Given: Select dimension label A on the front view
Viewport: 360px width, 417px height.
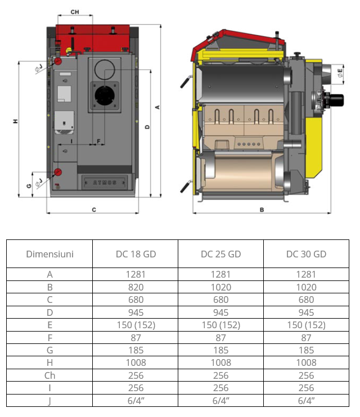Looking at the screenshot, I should pyautogui.click(x=157, y=107).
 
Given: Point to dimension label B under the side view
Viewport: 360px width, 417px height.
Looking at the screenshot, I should pyautogui.click(x=262, y=210).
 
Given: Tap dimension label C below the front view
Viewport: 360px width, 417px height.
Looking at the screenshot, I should pyautogui.click(x=94, y=210).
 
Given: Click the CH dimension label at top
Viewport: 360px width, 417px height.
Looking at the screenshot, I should pyautogui.click(x=74, y=11).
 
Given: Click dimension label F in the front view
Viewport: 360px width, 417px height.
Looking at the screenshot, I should pyautogui.click(x=98, y=140).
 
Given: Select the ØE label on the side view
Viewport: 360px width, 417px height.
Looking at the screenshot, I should pyautogui.click(x=341, y=73).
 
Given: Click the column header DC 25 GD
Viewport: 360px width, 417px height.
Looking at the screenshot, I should pyautogui.click(x=220, y=254).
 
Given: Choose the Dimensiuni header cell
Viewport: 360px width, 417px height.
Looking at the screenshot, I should pyautogui.click(x=49, y=254).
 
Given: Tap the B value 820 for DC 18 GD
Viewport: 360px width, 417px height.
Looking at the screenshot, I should pyautogui.click(x=136, y=287).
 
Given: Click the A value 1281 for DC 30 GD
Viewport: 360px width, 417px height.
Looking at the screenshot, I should pyautogui.click(x=306, y=274).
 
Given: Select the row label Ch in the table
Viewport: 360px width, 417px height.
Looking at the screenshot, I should pyautogui.click(x=49, y=375).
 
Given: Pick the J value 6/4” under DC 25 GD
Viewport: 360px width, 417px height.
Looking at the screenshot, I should pyautogui.click(x=220, y=400).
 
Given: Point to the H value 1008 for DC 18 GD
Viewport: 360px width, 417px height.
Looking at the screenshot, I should pyautogui.click(x=136, y=362).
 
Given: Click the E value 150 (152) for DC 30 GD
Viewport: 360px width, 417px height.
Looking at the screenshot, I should pyautogui.click(x=306, y=325).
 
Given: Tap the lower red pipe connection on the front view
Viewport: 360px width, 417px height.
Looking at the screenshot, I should pyautogui.click(x=57, y=172).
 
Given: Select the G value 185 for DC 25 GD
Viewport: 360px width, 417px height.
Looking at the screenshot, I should pyautogui.click(x=220, y=350).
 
